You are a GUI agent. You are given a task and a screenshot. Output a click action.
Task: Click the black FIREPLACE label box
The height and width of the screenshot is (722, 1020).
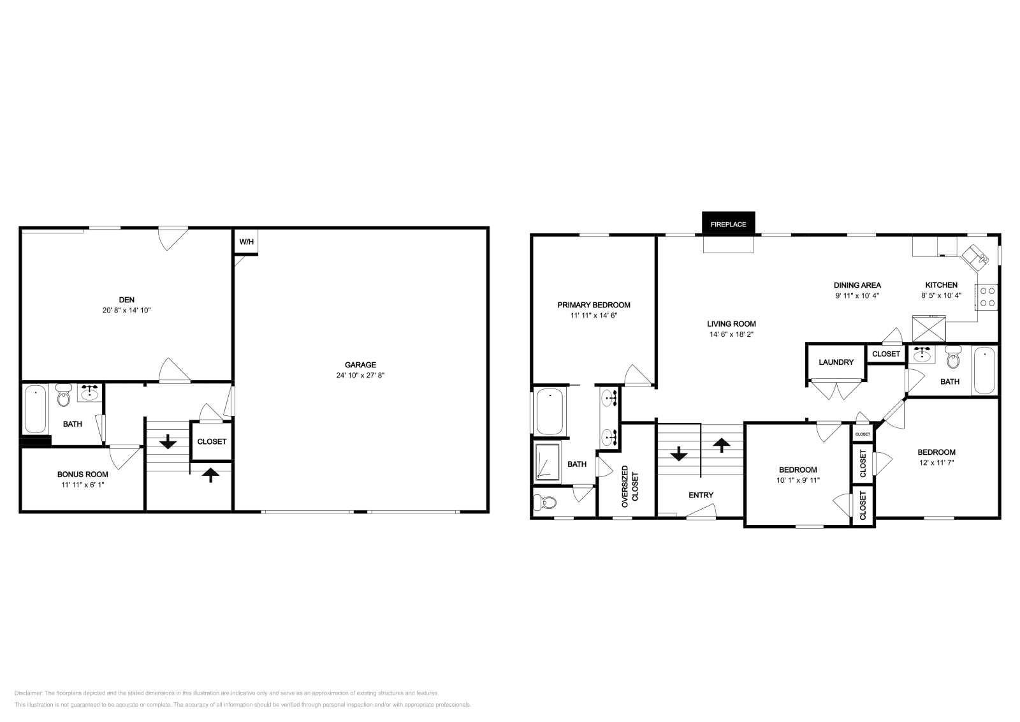tap(728, 225)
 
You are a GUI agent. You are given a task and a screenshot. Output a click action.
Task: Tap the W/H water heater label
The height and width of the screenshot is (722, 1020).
tap(247, 242)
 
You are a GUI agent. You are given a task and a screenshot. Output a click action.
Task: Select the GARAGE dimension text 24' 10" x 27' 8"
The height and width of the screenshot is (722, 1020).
tap(360, 375)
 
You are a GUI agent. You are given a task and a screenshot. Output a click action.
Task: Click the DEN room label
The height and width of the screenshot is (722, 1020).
tap(126, 300)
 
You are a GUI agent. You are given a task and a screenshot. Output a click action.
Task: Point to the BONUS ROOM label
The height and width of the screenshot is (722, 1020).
tap(82, 475)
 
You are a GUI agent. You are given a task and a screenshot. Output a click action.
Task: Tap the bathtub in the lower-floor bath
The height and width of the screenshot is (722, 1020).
tap(35, 408)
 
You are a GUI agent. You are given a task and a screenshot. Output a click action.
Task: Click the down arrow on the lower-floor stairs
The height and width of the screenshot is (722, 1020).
tap(168, 441)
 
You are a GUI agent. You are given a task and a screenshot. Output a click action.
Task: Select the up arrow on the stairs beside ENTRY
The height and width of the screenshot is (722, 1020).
tap(722, 445)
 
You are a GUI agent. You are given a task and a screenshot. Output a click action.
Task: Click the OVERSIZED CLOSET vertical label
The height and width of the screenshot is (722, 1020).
tap(629, 486)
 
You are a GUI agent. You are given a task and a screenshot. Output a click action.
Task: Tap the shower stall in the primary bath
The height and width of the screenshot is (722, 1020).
tap(548, 462)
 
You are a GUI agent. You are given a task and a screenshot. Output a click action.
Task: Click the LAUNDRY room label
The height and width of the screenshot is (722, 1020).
tap(836, 362)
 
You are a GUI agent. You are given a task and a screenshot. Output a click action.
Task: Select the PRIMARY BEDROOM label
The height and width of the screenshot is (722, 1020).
tap(594, 305)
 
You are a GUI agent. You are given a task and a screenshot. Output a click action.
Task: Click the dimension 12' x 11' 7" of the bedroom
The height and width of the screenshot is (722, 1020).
tap(936, 462)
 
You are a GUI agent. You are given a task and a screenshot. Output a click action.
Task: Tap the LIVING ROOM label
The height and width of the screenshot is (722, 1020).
tap(732, 324)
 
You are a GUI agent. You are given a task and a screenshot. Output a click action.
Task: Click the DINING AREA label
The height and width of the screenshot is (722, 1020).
tap(857, 285)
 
